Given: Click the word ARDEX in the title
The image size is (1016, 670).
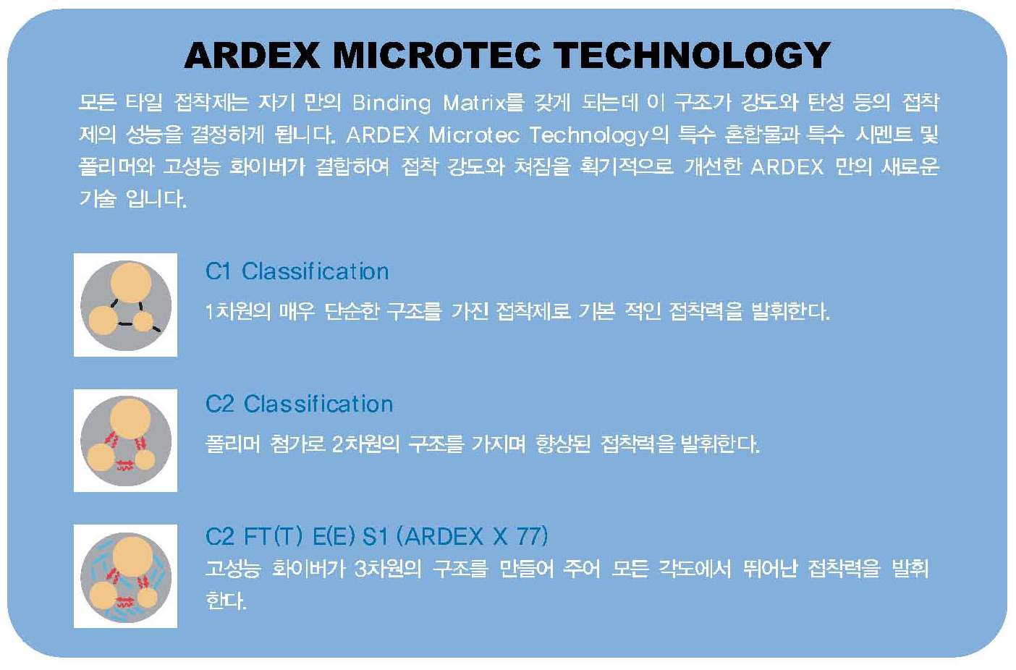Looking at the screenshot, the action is (252, 55).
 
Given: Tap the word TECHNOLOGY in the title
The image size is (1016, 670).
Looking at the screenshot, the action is (692, 55).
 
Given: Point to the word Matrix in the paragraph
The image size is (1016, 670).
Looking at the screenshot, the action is (475, 103).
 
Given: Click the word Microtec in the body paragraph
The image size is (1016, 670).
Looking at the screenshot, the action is (473, 135).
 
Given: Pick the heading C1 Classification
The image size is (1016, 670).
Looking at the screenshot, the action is (297, 272).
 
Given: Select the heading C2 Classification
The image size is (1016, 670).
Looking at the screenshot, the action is (299, 404).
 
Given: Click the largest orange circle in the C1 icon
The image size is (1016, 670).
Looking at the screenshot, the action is (131, 282).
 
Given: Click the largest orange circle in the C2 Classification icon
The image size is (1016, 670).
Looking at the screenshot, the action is (130, 419).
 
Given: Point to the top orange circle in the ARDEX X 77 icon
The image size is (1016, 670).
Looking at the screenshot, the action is (132, 556).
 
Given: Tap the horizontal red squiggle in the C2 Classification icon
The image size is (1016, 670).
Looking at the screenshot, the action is (124, 465).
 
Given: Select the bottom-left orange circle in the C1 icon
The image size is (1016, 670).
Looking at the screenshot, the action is (103, 321).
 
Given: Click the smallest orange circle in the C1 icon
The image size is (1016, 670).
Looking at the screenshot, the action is (144, 322).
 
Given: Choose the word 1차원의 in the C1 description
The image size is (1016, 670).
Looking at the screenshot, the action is (237, 312).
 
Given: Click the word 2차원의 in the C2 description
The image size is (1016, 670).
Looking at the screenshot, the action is (365, 444).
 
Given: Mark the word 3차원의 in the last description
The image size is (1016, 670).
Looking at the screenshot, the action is (387, 569).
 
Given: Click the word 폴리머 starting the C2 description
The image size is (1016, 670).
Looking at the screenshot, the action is (233, 444).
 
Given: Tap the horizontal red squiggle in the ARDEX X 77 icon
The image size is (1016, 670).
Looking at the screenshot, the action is (124, 602).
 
